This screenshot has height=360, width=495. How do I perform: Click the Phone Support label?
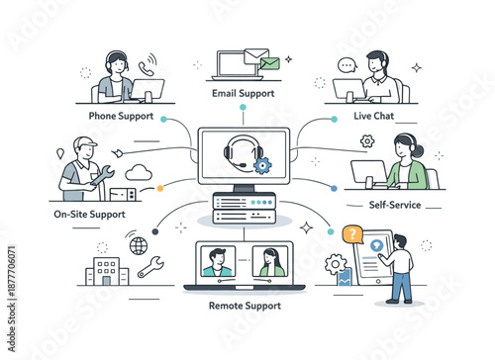point(121,117)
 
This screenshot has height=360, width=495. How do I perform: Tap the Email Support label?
point(244,93)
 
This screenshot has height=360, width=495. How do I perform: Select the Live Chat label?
point(373,117)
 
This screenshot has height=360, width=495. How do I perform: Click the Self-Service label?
point(393,205)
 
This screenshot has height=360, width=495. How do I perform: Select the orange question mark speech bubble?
point(350,234)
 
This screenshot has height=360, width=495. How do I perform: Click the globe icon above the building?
point(138,245)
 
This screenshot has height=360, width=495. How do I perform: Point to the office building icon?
point(106,270)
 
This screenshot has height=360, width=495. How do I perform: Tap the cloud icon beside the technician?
point(139,172)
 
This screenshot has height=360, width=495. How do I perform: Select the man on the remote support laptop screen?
point(217,262)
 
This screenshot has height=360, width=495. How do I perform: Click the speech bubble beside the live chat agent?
point(346,66)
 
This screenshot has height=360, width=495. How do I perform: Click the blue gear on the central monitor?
point(262,165)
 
